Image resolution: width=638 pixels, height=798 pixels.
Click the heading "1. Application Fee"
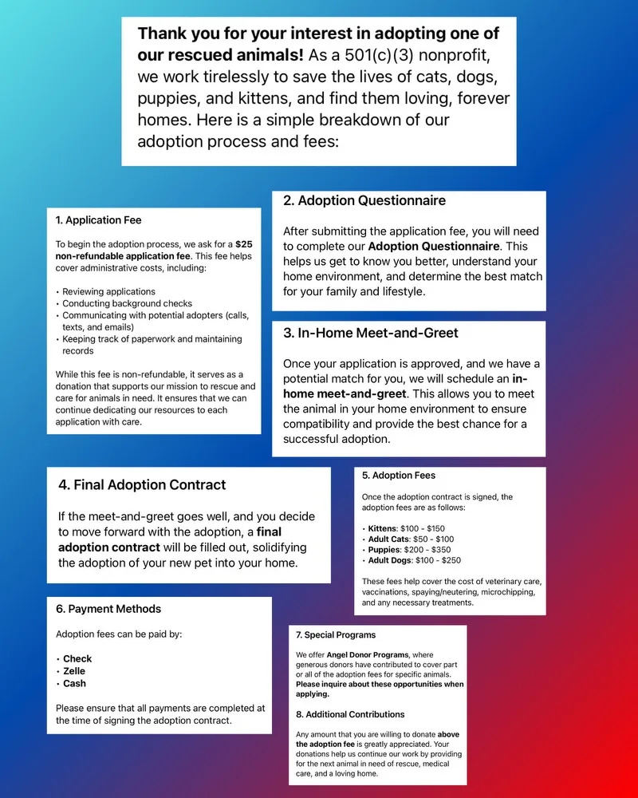pos(99,220)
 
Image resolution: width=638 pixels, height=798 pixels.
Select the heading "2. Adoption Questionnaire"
pos(364,201)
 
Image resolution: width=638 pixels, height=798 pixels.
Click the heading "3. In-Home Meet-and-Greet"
pos(371,333)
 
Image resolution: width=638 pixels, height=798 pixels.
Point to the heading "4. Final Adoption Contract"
pos(142,484)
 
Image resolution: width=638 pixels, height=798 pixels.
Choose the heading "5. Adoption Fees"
pos(399,476)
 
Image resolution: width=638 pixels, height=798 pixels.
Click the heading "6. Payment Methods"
pos(108,609)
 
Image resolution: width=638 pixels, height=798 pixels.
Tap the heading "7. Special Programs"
pos(336,635)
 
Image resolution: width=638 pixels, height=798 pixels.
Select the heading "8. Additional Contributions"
pos(350,714)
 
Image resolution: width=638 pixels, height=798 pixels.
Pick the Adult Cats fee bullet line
pos(410,539)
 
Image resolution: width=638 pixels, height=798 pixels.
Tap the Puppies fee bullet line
pos(409,550)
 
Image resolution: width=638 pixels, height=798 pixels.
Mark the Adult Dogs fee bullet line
pos(414,560)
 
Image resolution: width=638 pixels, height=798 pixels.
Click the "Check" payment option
pos(77,659)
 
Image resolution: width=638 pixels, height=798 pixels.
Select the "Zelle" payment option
pos(74,671)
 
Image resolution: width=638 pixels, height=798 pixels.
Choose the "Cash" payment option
pos(74,684)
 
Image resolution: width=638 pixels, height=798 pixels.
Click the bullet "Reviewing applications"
pos(108,291)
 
